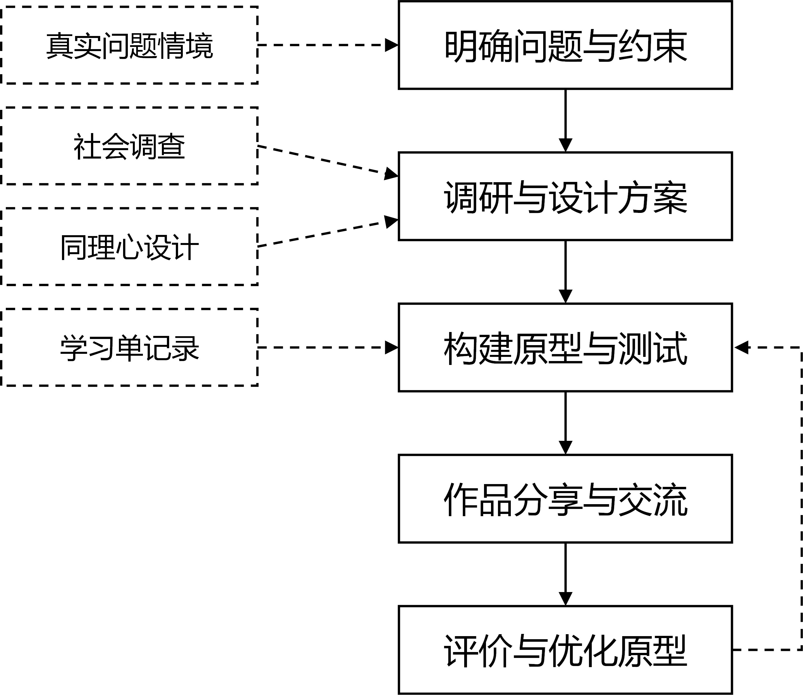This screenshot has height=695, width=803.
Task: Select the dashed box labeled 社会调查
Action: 130,146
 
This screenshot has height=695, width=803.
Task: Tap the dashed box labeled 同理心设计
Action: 130,247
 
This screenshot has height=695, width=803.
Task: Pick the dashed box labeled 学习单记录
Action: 130,348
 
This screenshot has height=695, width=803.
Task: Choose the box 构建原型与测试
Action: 565,348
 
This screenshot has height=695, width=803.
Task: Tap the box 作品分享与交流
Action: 565,499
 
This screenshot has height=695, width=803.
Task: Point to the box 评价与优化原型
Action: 565,650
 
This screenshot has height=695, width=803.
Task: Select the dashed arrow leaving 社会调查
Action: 326,160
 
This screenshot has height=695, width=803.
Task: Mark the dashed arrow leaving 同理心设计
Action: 326,233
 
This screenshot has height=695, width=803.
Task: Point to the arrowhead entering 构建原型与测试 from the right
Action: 741,348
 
